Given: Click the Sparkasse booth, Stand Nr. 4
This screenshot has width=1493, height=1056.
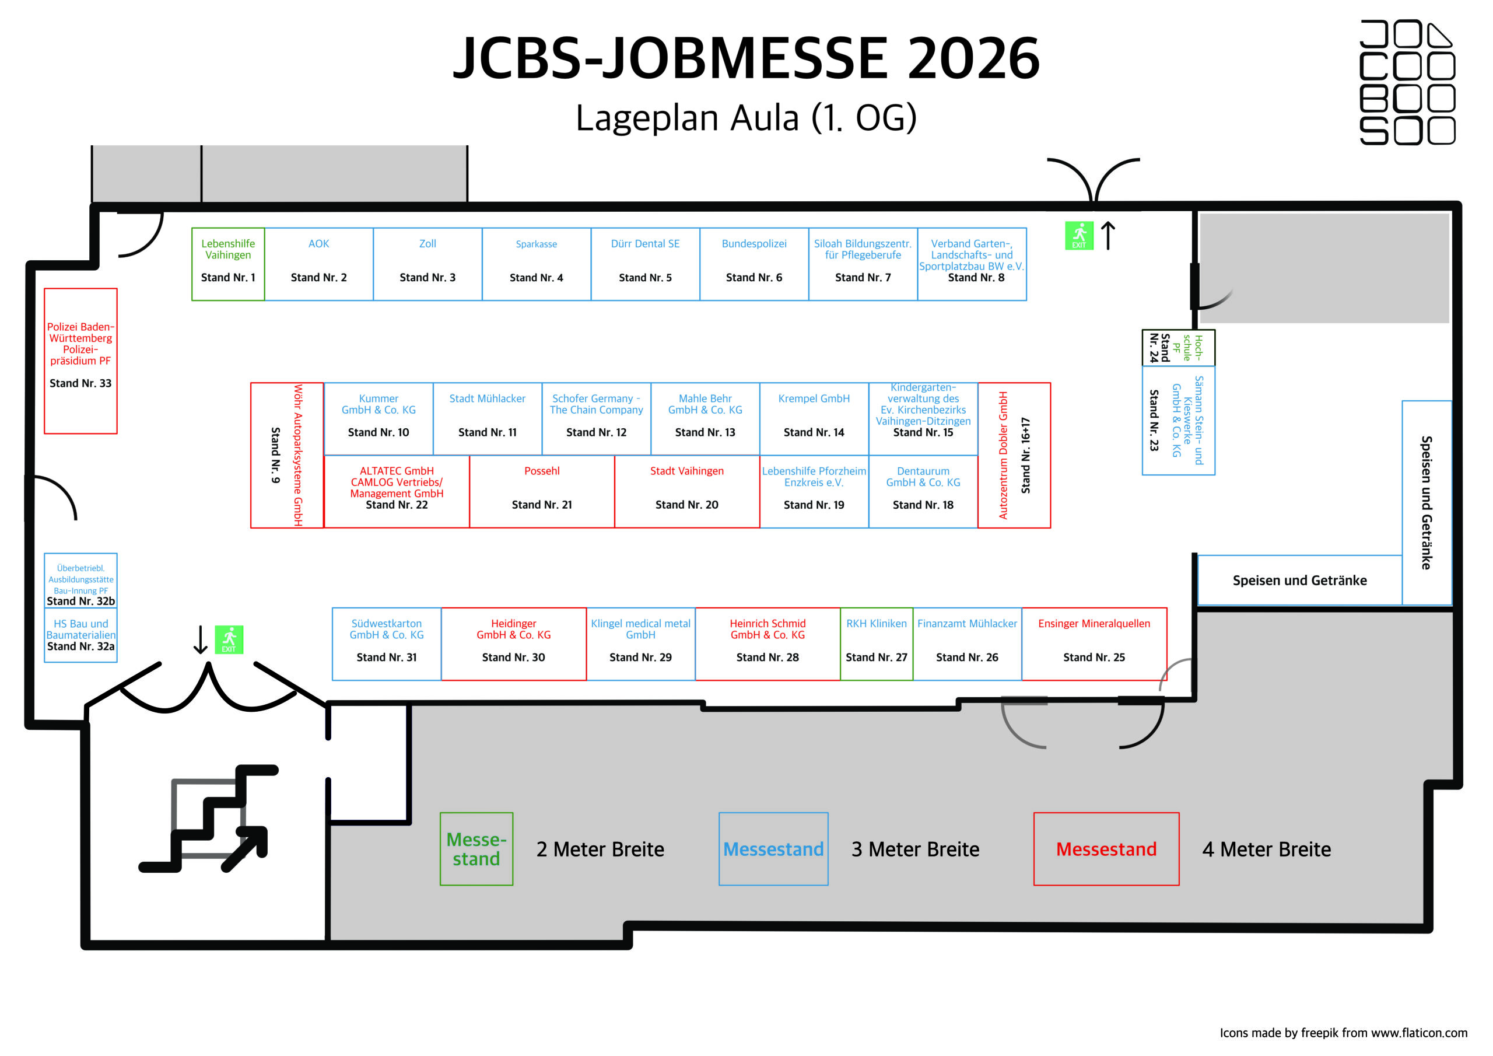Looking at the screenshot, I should tap(536, 264).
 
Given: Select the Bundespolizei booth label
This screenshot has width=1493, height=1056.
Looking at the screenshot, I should tap(753, 244).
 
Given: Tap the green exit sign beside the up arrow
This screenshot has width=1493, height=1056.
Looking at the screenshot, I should tap(1078, 236).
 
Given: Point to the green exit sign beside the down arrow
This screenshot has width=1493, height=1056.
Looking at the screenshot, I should tap(229, 639).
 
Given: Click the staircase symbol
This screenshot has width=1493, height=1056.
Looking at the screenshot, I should tap(208, 819).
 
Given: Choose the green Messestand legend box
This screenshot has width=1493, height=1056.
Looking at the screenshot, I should tap(476, 848).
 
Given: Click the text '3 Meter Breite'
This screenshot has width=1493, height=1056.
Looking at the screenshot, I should tap(915, 849).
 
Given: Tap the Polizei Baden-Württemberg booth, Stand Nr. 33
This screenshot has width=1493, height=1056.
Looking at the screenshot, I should tap(80, 361).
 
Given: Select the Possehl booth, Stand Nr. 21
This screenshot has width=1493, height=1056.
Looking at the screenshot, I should tap(542, 491).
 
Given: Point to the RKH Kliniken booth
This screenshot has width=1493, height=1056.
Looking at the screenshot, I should tap(876, 644).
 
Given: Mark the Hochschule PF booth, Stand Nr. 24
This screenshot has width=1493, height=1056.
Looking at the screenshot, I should tap(1177, 348).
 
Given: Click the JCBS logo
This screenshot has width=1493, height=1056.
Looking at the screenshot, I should tap(1407, 82).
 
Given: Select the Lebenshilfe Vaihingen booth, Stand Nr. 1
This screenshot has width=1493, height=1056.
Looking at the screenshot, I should tap(227, 264).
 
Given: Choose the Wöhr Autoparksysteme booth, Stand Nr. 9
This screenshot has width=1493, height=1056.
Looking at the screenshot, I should tap(287, 455).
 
